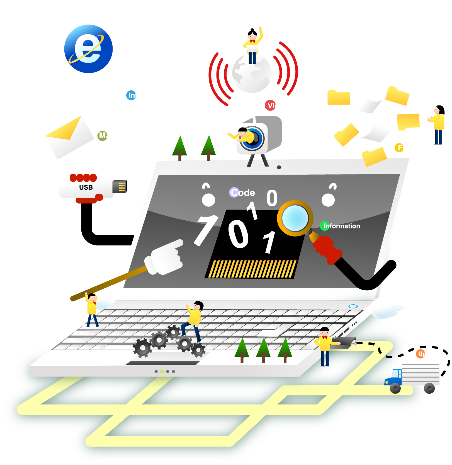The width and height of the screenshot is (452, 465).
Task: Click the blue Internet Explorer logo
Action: (88, 49)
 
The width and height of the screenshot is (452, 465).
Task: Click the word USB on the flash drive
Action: (86, 187)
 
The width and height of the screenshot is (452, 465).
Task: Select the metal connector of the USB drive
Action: (120, 187)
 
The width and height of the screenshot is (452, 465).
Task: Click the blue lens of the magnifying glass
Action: (295, 218)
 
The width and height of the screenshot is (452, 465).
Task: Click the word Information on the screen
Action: (342, 226)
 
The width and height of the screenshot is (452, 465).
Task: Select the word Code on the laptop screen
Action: (243, 192)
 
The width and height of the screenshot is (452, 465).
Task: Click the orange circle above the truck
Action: (421, 354)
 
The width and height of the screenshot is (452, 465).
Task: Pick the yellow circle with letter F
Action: (399, 148)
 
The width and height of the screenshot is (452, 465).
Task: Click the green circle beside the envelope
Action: (102, 136)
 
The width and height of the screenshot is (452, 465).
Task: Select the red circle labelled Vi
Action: (270, 105)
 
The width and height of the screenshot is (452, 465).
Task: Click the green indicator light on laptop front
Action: (162, 371)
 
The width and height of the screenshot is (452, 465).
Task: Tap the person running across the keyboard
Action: (193, 321)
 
